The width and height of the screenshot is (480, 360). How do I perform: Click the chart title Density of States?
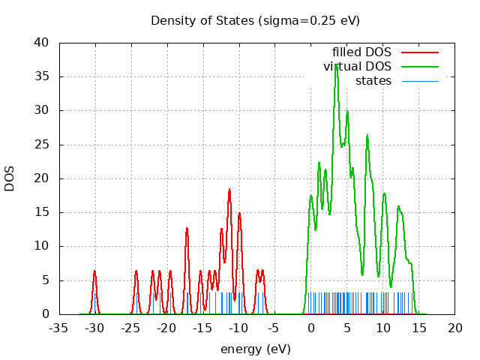255,20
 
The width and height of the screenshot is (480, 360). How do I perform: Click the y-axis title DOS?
10,178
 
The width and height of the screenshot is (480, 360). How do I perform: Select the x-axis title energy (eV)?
255,349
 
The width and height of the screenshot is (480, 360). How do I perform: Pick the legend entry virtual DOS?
357,67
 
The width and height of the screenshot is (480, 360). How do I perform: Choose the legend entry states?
373,80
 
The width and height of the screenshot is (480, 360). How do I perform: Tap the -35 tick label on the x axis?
59,328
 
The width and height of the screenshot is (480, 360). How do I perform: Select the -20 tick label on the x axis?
166,328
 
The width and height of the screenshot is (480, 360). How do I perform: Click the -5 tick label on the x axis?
274,328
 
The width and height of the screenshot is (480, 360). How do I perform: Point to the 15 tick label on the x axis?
418,328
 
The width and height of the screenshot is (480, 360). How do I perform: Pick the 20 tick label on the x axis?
454,328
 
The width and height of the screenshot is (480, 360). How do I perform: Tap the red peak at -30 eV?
94,271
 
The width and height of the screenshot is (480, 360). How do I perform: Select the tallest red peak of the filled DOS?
229,189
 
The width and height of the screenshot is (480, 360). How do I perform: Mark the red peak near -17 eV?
187,228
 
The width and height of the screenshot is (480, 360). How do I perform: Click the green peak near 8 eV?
367,136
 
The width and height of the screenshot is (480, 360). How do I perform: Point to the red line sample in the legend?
420,52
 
